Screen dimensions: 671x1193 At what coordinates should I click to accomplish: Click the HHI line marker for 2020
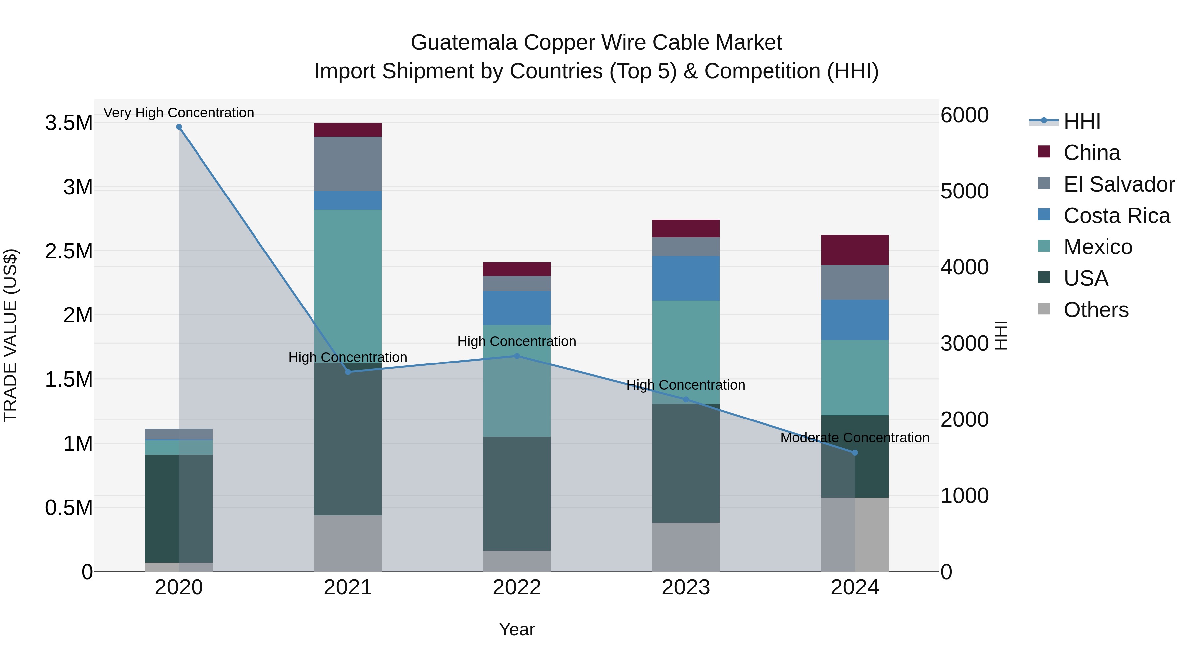point(179,127)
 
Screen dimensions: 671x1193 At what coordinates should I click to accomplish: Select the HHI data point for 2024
point(855,453)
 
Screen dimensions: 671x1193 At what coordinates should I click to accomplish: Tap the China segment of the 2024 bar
point(855,250)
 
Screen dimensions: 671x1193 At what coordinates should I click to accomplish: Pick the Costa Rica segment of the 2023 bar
point(686,278)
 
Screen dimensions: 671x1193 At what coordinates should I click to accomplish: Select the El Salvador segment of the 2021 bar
point(348,163)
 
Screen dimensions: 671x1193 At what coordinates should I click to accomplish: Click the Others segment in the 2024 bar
point(855,534)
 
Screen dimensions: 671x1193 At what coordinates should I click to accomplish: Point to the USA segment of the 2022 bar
point(517,493)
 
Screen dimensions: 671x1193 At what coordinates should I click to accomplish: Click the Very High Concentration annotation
point(179,113)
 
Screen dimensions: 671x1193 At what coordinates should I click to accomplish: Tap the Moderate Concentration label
point(855,438)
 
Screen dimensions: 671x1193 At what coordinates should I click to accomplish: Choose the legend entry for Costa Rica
point(1116,216)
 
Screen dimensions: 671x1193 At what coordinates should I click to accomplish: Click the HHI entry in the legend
point(1081,121)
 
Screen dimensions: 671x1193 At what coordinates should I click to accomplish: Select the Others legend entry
point(1096,310)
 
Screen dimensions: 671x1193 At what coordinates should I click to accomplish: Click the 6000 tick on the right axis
point(965,115)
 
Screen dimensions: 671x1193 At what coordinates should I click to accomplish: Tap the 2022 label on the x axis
point(517,587)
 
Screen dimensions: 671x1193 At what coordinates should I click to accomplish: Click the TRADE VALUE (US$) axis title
point(10,335)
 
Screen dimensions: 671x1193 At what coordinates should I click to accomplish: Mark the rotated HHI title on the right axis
point(1001,335)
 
